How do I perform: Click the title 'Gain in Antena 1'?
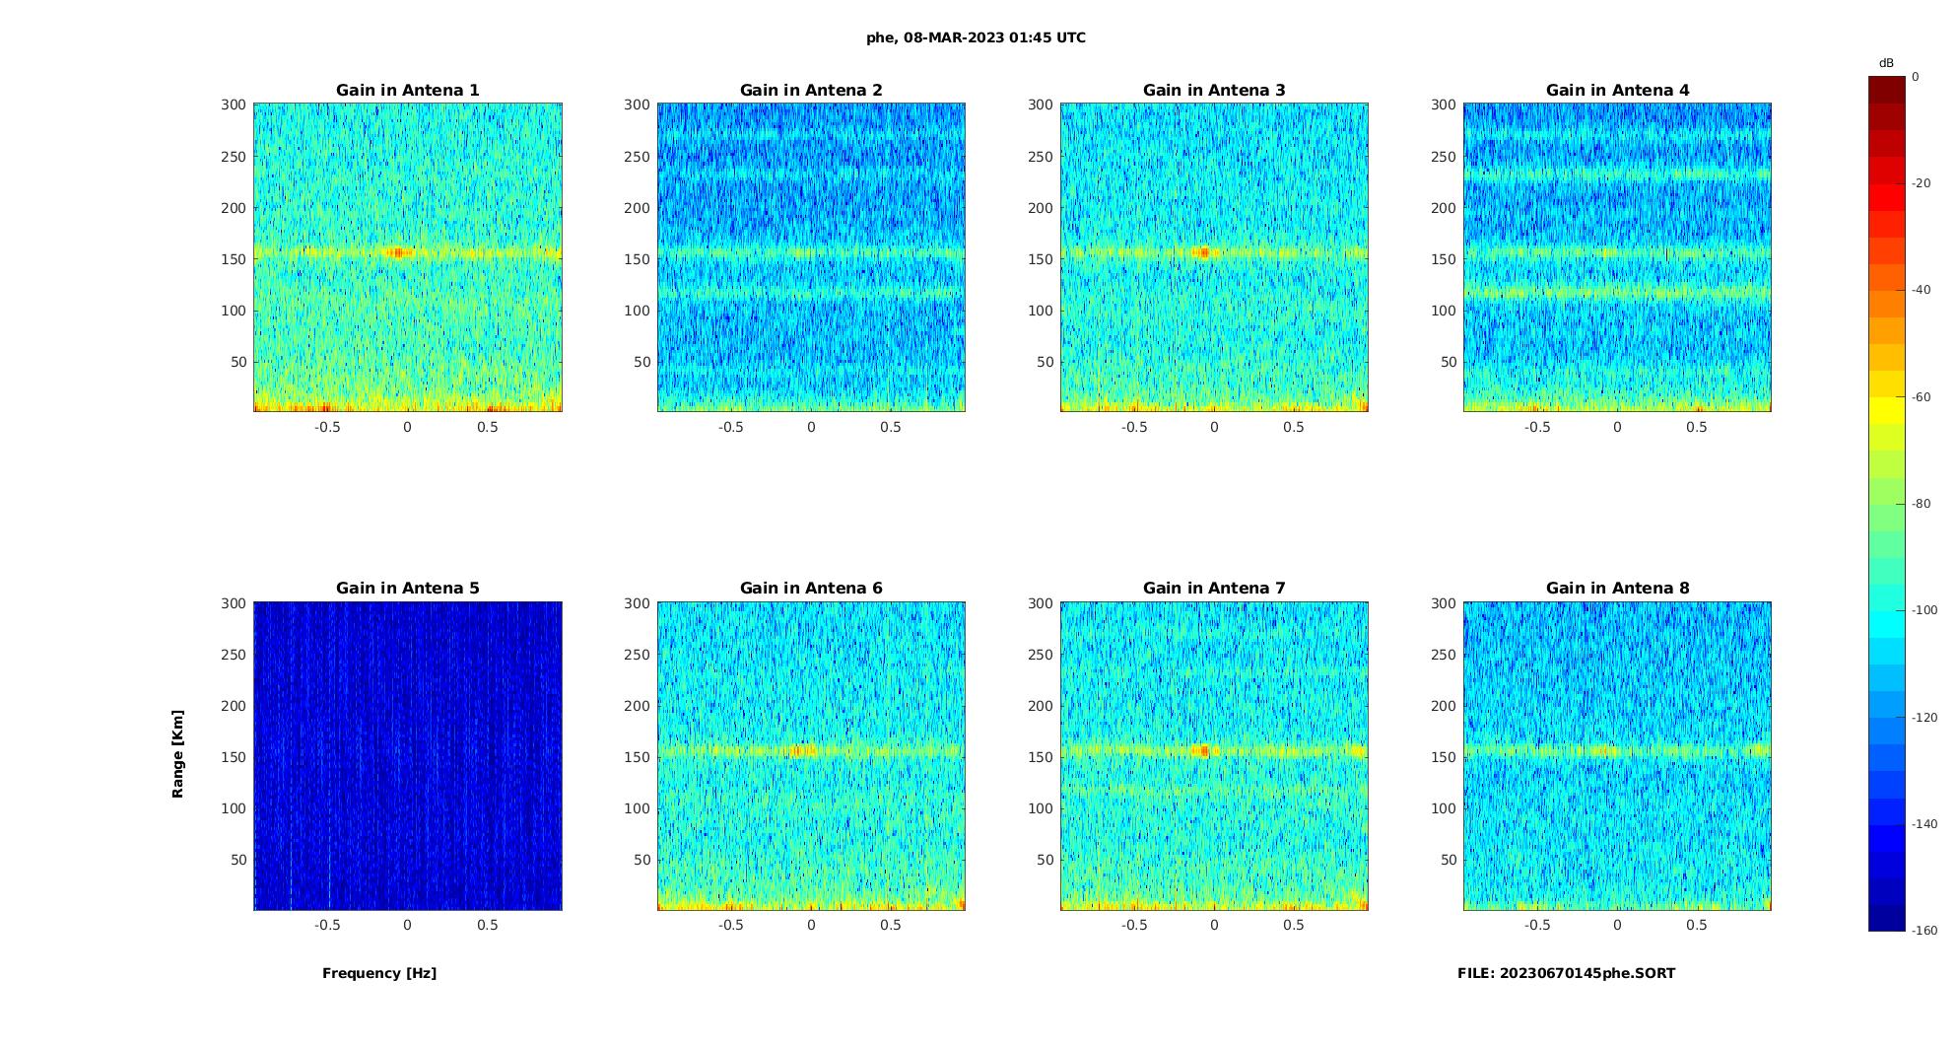(407, 91)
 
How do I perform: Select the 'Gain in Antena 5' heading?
(407, 589)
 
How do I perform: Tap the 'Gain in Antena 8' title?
(1617, 589)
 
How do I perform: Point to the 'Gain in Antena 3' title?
(1214, 91)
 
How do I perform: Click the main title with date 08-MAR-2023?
(976, 38)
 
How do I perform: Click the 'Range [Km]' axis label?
(178, 754)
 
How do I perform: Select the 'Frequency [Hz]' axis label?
(379, 974)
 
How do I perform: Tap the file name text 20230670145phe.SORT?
(1566, 974)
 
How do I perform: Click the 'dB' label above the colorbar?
(1886, 63)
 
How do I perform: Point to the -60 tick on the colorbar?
(1921, 397)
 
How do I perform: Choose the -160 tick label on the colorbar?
(1923, 931)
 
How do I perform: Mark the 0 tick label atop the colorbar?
(1916, 77)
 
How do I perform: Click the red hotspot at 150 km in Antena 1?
(397, 253)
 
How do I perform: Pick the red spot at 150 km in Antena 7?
(1203, 751)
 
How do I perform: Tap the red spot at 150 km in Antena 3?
(1203, 253)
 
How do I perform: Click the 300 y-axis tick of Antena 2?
(637, 105)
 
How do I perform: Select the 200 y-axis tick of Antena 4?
(1443, 208)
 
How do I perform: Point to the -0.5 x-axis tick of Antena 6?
(730, 926)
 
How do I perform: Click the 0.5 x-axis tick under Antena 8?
(1696, 926)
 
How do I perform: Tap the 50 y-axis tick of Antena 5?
(238, 861)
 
